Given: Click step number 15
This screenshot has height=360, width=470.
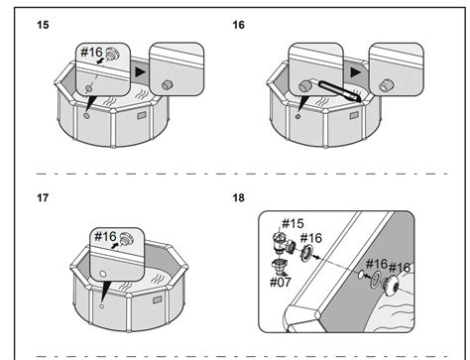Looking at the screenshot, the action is pos(43,25).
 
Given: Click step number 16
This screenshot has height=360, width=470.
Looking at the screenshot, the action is pos(239,25).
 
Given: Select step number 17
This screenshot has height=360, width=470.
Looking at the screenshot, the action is pos(43,197).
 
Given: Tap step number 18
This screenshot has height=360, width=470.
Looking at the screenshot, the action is pos(239,197).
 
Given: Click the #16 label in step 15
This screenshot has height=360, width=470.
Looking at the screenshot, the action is pos(92,52).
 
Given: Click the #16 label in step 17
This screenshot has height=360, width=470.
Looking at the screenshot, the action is pos(105,236).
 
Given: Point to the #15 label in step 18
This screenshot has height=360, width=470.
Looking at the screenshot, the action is pos(293,224).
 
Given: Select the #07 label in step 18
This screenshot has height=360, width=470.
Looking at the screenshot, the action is pos(281,283).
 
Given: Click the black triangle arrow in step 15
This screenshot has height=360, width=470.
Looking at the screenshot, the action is pos(141,72).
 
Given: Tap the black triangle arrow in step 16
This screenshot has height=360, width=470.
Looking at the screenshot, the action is pos(356,72).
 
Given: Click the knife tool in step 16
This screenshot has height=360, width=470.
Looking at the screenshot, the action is pos(340,91).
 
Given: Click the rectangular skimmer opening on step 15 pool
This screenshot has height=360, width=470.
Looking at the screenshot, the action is pos(142,115).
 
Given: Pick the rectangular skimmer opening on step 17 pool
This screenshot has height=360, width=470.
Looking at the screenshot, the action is pos(157,300).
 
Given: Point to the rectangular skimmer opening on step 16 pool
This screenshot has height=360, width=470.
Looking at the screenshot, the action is pos(354,115).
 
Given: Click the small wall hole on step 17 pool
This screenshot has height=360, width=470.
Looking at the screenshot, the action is pos(102,306).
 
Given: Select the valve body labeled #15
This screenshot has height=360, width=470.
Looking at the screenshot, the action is pos(283,243).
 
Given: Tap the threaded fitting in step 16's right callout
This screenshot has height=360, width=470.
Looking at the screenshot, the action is pos(386,85).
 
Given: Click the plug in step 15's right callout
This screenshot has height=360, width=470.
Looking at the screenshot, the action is pos(167,85).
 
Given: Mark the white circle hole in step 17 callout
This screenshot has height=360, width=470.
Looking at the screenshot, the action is pos(103,274).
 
